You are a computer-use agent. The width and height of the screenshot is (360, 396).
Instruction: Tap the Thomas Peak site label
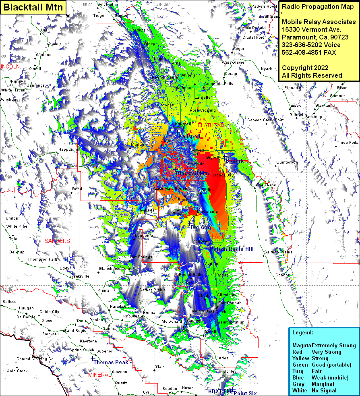[x=111, y=362]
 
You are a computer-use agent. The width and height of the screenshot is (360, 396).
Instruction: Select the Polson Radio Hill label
[x=232, y=249]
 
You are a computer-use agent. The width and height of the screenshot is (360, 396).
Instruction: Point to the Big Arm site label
[x=201, y=228]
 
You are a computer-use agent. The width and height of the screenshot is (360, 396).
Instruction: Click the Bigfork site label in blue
[x=234, y=161]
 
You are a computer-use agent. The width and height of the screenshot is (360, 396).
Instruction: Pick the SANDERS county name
[x=57, y=241]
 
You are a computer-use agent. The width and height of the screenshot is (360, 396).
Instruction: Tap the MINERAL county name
[x=99, y=375]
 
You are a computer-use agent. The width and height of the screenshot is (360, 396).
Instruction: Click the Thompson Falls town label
[x=43, y=259]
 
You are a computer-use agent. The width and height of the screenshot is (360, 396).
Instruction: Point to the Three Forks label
[x=348, y=143]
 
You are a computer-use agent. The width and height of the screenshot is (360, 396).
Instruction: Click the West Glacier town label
[x=234, y=62]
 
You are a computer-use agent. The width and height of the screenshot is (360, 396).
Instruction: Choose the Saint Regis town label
[x=75, y=330]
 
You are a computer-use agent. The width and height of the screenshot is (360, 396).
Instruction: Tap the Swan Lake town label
[x=265, y=185]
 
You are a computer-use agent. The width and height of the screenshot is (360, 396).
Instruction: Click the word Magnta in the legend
[x=302, y=345]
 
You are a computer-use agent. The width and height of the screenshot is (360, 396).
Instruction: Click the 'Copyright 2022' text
[x=305, y=68]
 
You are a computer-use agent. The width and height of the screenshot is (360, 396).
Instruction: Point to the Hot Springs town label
[x=141, y=257]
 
